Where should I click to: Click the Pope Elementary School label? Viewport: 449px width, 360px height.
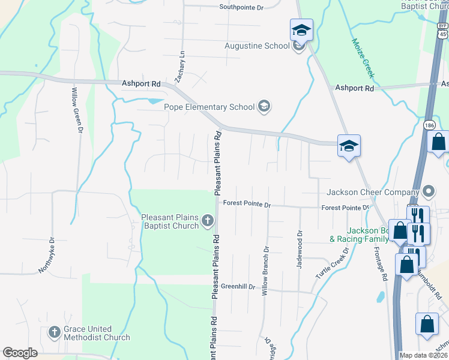click(209, 107)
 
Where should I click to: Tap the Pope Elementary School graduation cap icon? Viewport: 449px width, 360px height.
click(264, 107)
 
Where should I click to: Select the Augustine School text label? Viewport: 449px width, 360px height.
click(257, 46)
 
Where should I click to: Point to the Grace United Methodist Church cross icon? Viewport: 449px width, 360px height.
click(54, 332)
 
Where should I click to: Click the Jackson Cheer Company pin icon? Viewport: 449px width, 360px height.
click(428, 193)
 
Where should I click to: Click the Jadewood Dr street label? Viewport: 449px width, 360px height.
click(299, 248)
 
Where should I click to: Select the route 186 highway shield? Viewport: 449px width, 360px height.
click(428, 125)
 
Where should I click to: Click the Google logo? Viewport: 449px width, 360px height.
click(20, 353)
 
